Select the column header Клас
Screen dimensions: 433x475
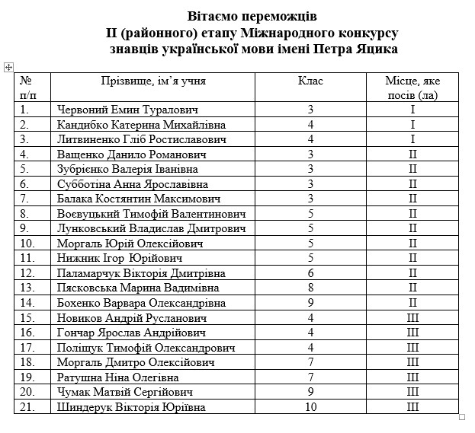[x=310, y=80]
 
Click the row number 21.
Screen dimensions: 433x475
[x=27, y=407]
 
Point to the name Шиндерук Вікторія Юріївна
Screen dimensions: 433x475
[x=131, y=407]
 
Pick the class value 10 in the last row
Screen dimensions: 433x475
[x=310, y=407]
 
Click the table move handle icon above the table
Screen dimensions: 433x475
[x=8, y=68]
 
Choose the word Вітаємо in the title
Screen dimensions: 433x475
[x=217, y=16]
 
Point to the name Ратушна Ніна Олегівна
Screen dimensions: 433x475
[x=117, y=377]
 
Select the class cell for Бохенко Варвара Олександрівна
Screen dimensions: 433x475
[x=310, y=303]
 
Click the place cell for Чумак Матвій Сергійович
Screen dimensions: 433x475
[x=412, y=392]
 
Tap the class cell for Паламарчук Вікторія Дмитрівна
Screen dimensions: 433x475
[x=310, y=273]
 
